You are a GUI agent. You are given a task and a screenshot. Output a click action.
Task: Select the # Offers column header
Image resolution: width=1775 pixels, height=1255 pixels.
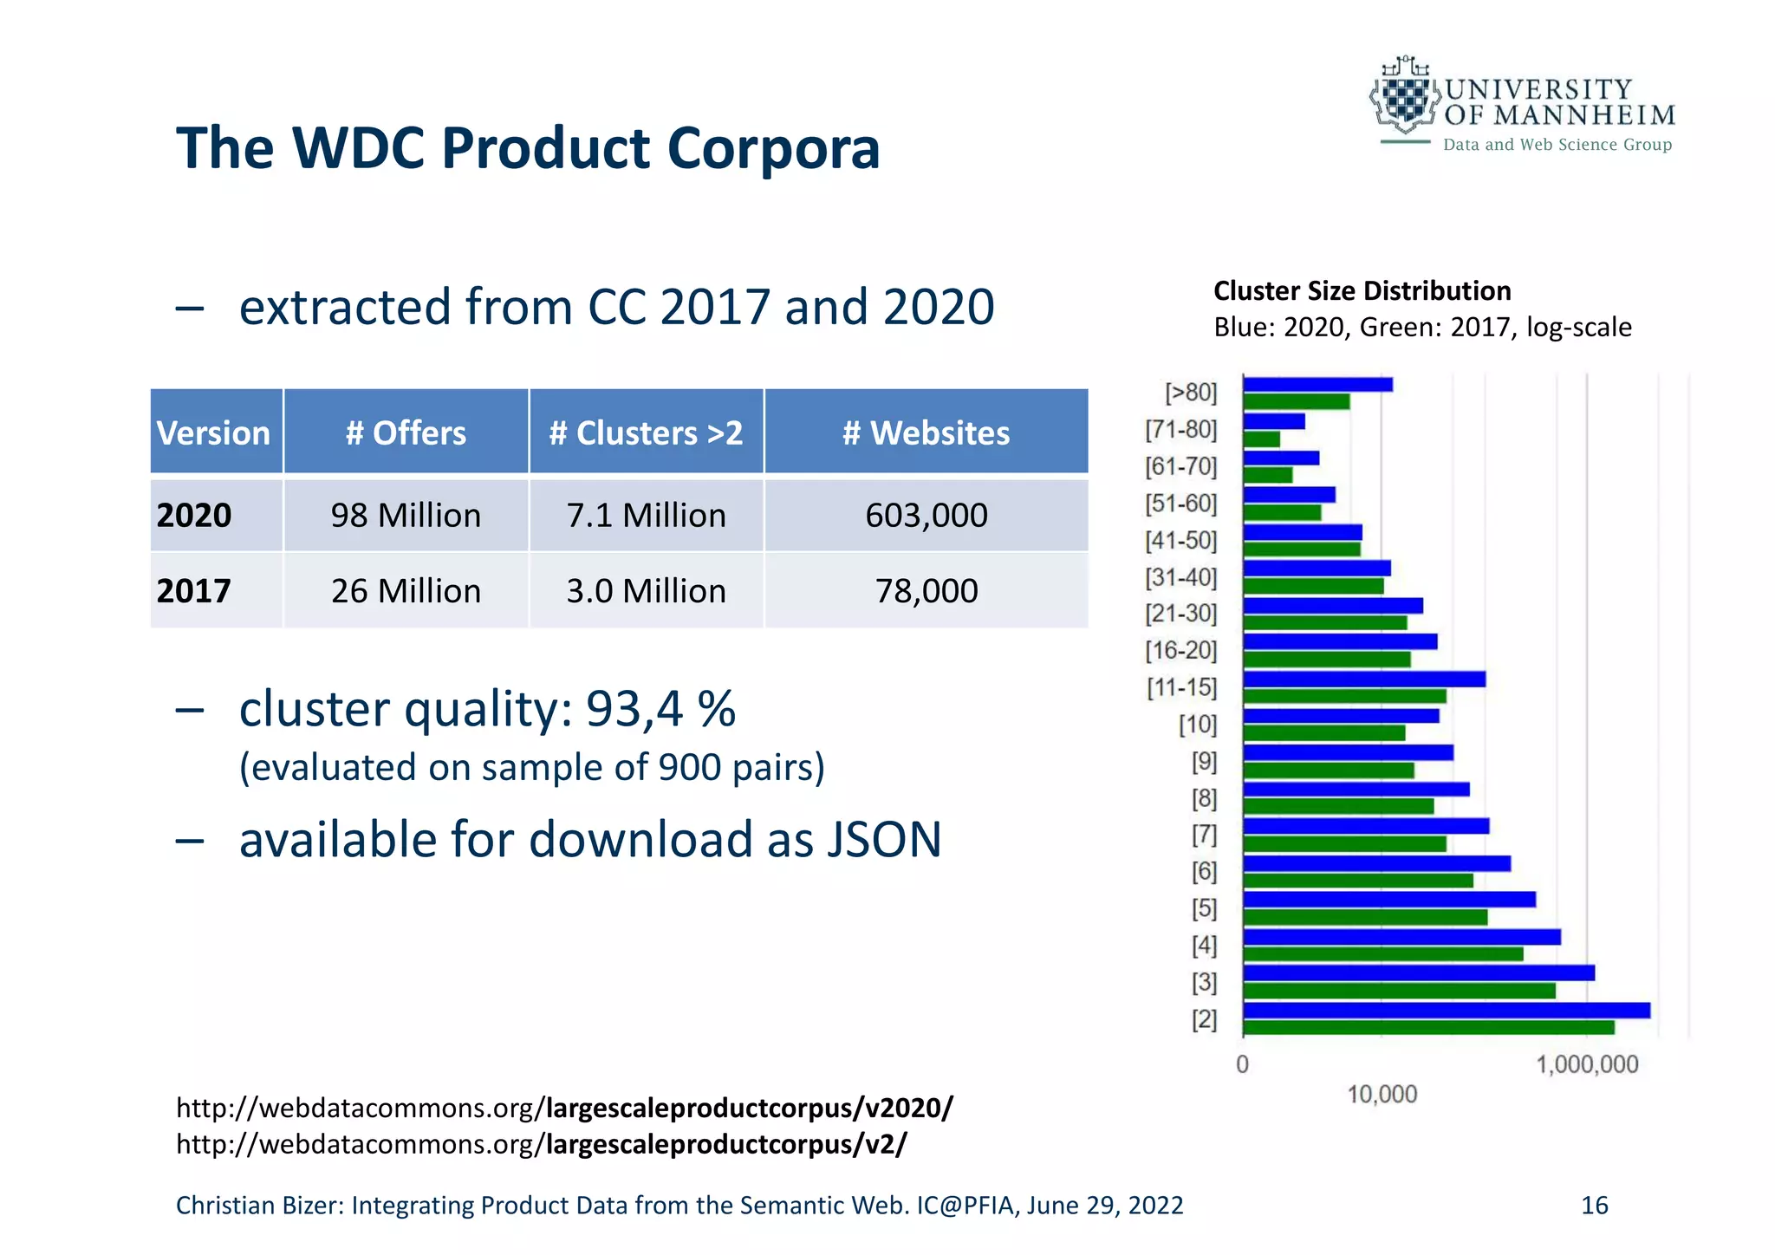pos(406,432)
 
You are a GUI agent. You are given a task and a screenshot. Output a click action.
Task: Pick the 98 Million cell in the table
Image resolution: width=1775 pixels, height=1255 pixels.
pos(406,516)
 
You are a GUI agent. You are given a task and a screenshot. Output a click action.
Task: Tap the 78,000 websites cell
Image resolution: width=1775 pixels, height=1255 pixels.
pos(926,591)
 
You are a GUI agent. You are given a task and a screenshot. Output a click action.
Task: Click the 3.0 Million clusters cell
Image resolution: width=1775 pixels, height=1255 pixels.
pos(646,591)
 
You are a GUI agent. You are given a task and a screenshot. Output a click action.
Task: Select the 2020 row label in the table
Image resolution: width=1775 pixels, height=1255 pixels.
pos(194,516)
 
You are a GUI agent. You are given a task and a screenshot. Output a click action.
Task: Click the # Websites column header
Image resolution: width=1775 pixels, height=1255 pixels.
pos(926,432)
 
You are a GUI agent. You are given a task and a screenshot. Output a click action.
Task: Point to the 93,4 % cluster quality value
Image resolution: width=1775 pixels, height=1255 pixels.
pos(660,709)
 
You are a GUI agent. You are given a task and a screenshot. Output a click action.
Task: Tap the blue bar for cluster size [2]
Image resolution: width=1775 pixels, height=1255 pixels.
pos(1446,1010)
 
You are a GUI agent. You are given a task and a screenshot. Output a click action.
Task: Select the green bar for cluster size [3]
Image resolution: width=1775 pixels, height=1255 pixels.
pos(1399,991)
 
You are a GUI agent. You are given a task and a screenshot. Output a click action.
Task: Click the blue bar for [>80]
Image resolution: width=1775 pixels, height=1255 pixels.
pos(1317,384)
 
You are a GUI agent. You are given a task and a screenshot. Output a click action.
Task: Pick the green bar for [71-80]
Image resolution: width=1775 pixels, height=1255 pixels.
pos(1261,439)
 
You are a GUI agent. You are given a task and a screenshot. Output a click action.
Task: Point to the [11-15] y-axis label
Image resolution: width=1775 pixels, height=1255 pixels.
pos(1182,687)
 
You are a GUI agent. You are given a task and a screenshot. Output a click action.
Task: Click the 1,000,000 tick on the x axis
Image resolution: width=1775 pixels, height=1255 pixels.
pos(1587,1064)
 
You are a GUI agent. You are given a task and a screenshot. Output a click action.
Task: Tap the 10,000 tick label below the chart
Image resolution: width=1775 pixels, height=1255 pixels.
pos(1382,1094)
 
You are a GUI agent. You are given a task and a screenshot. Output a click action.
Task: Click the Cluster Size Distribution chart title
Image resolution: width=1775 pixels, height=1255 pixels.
pos(1362,290)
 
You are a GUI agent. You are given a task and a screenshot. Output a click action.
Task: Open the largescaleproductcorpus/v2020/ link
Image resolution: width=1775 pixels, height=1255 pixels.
pos(750,1108)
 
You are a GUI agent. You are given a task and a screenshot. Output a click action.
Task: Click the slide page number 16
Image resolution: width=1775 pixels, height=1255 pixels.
pos(1594,1205)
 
